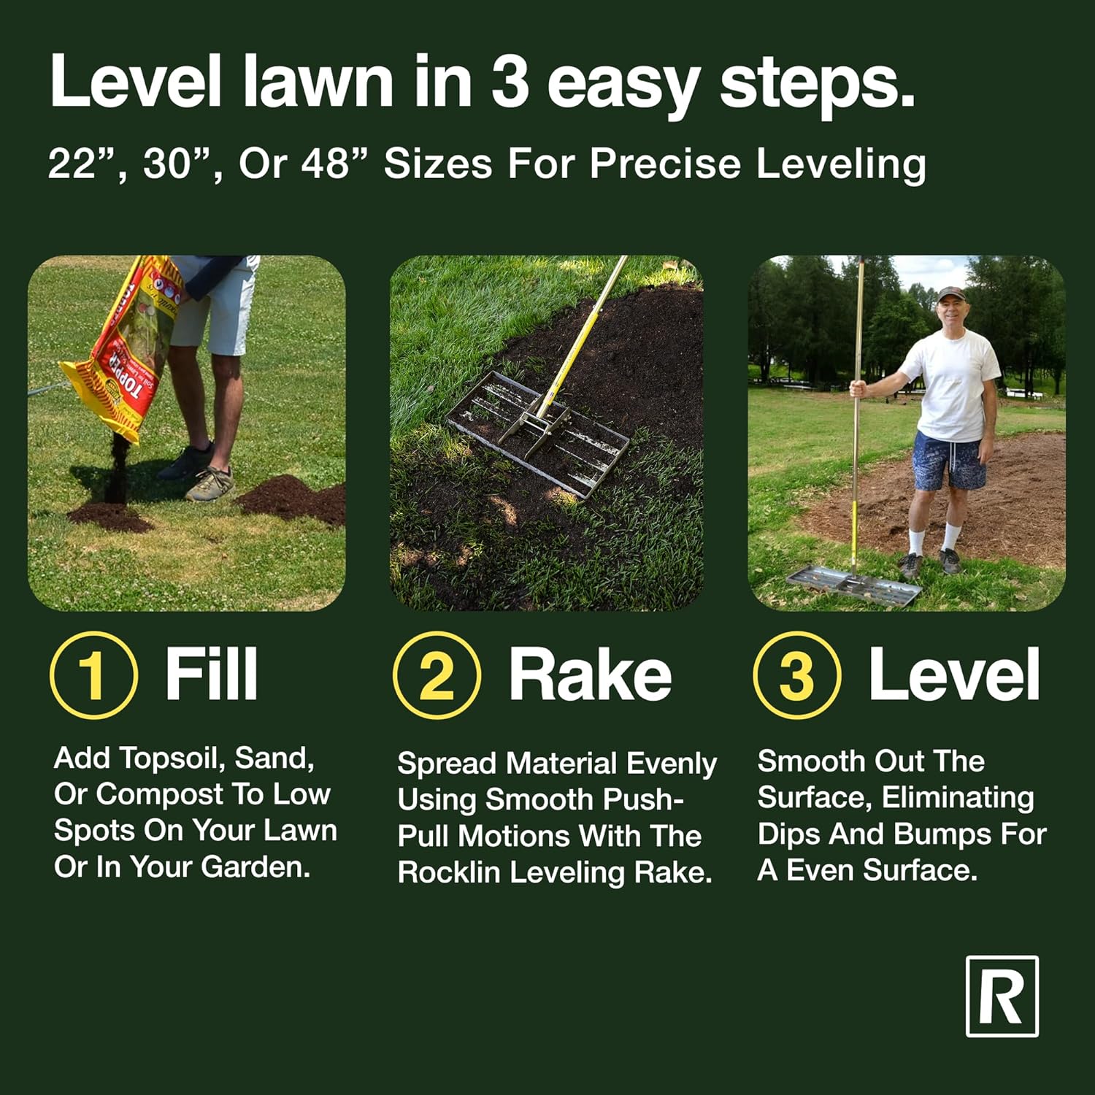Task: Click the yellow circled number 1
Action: tap(93, 675)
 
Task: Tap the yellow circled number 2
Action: tap(437, 675)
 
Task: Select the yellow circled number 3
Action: tap(797, 675)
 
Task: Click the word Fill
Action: tap(212, 674)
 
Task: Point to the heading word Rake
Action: tap(590, 674)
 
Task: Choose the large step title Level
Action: tap(954, 674)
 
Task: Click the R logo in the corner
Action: tap(1002, 996)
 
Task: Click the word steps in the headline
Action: tap(817, 82)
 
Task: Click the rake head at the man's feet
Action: tap(854, 585)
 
